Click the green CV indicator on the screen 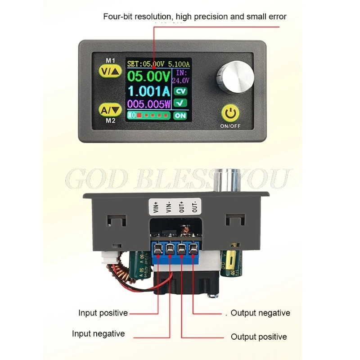(x=180, y=91)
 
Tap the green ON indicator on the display (x=180, y=115)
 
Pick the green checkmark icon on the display (x=180, y=103)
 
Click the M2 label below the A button (x=110, y=121)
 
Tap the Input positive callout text (x=103, y=313)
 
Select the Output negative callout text (x=260, y=313)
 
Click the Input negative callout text (x=98, y=334)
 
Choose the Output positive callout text (x=259, y=337)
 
